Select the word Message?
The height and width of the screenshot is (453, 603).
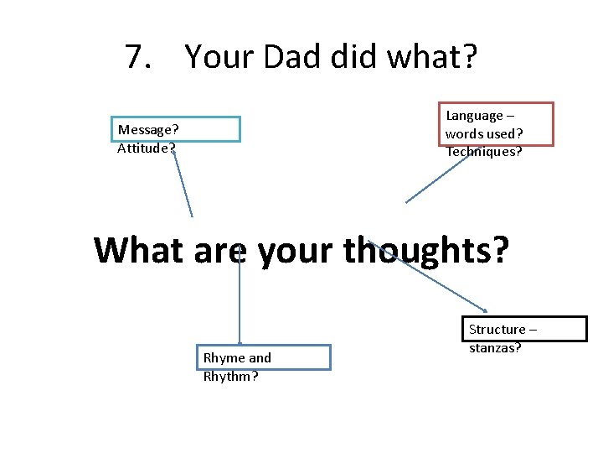148,129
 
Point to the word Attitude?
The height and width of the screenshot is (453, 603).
147,148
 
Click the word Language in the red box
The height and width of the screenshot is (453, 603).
475,116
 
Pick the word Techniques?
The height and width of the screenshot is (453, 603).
484,152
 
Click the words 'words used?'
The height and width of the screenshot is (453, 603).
484,134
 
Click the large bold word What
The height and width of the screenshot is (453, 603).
138,250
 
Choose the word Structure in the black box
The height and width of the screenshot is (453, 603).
497,330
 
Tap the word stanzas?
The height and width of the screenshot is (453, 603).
495,347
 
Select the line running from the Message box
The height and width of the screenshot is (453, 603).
183,185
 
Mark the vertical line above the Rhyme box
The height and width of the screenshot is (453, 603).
240,302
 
